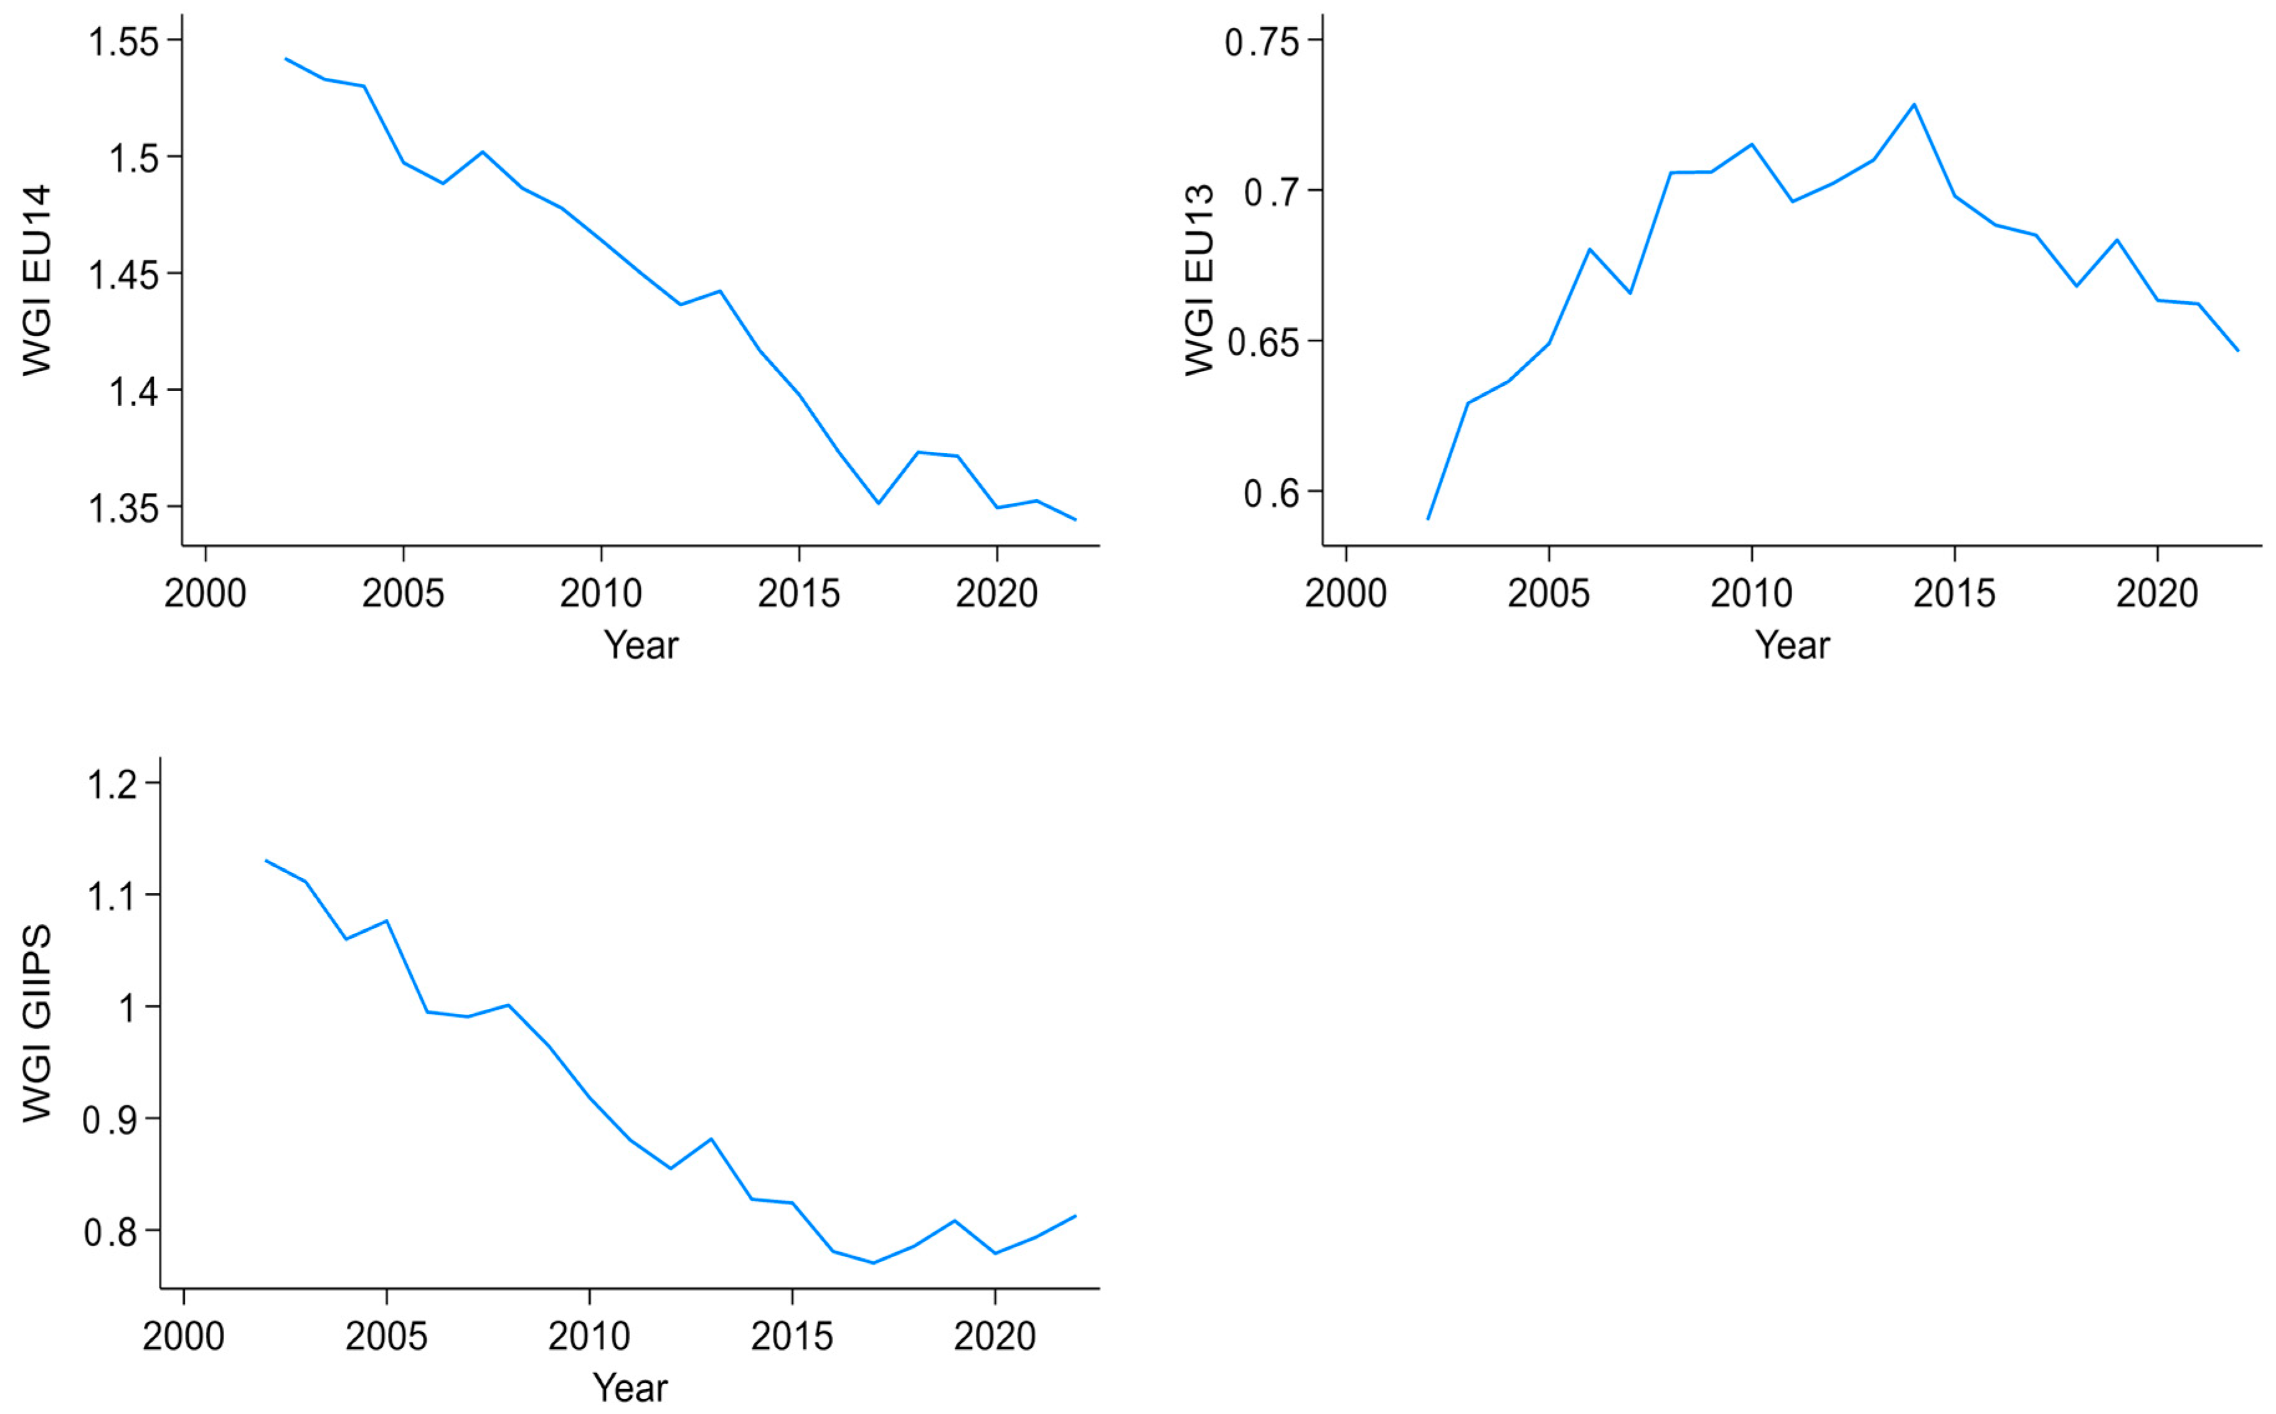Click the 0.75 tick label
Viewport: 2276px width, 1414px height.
pos(1262,42)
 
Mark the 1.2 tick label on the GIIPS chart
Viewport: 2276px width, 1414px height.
pos(112,784)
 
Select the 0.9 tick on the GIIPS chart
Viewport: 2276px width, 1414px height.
pos(110,1120)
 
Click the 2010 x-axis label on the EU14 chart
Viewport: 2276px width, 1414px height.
pos(600,594)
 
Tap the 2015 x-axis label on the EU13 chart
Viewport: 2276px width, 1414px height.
pos(1954,594)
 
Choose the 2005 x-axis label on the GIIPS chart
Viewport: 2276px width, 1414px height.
pos(386,1336)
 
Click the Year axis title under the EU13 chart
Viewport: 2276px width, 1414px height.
pos(1792,645)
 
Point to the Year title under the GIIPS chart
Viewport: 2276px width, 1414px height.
pos(631,1388)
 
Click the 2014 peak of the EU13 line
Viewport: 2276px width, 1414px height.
pos(1914,104)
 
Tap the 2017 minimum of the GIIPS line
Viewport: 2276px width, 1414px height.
pos(874,1263)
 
